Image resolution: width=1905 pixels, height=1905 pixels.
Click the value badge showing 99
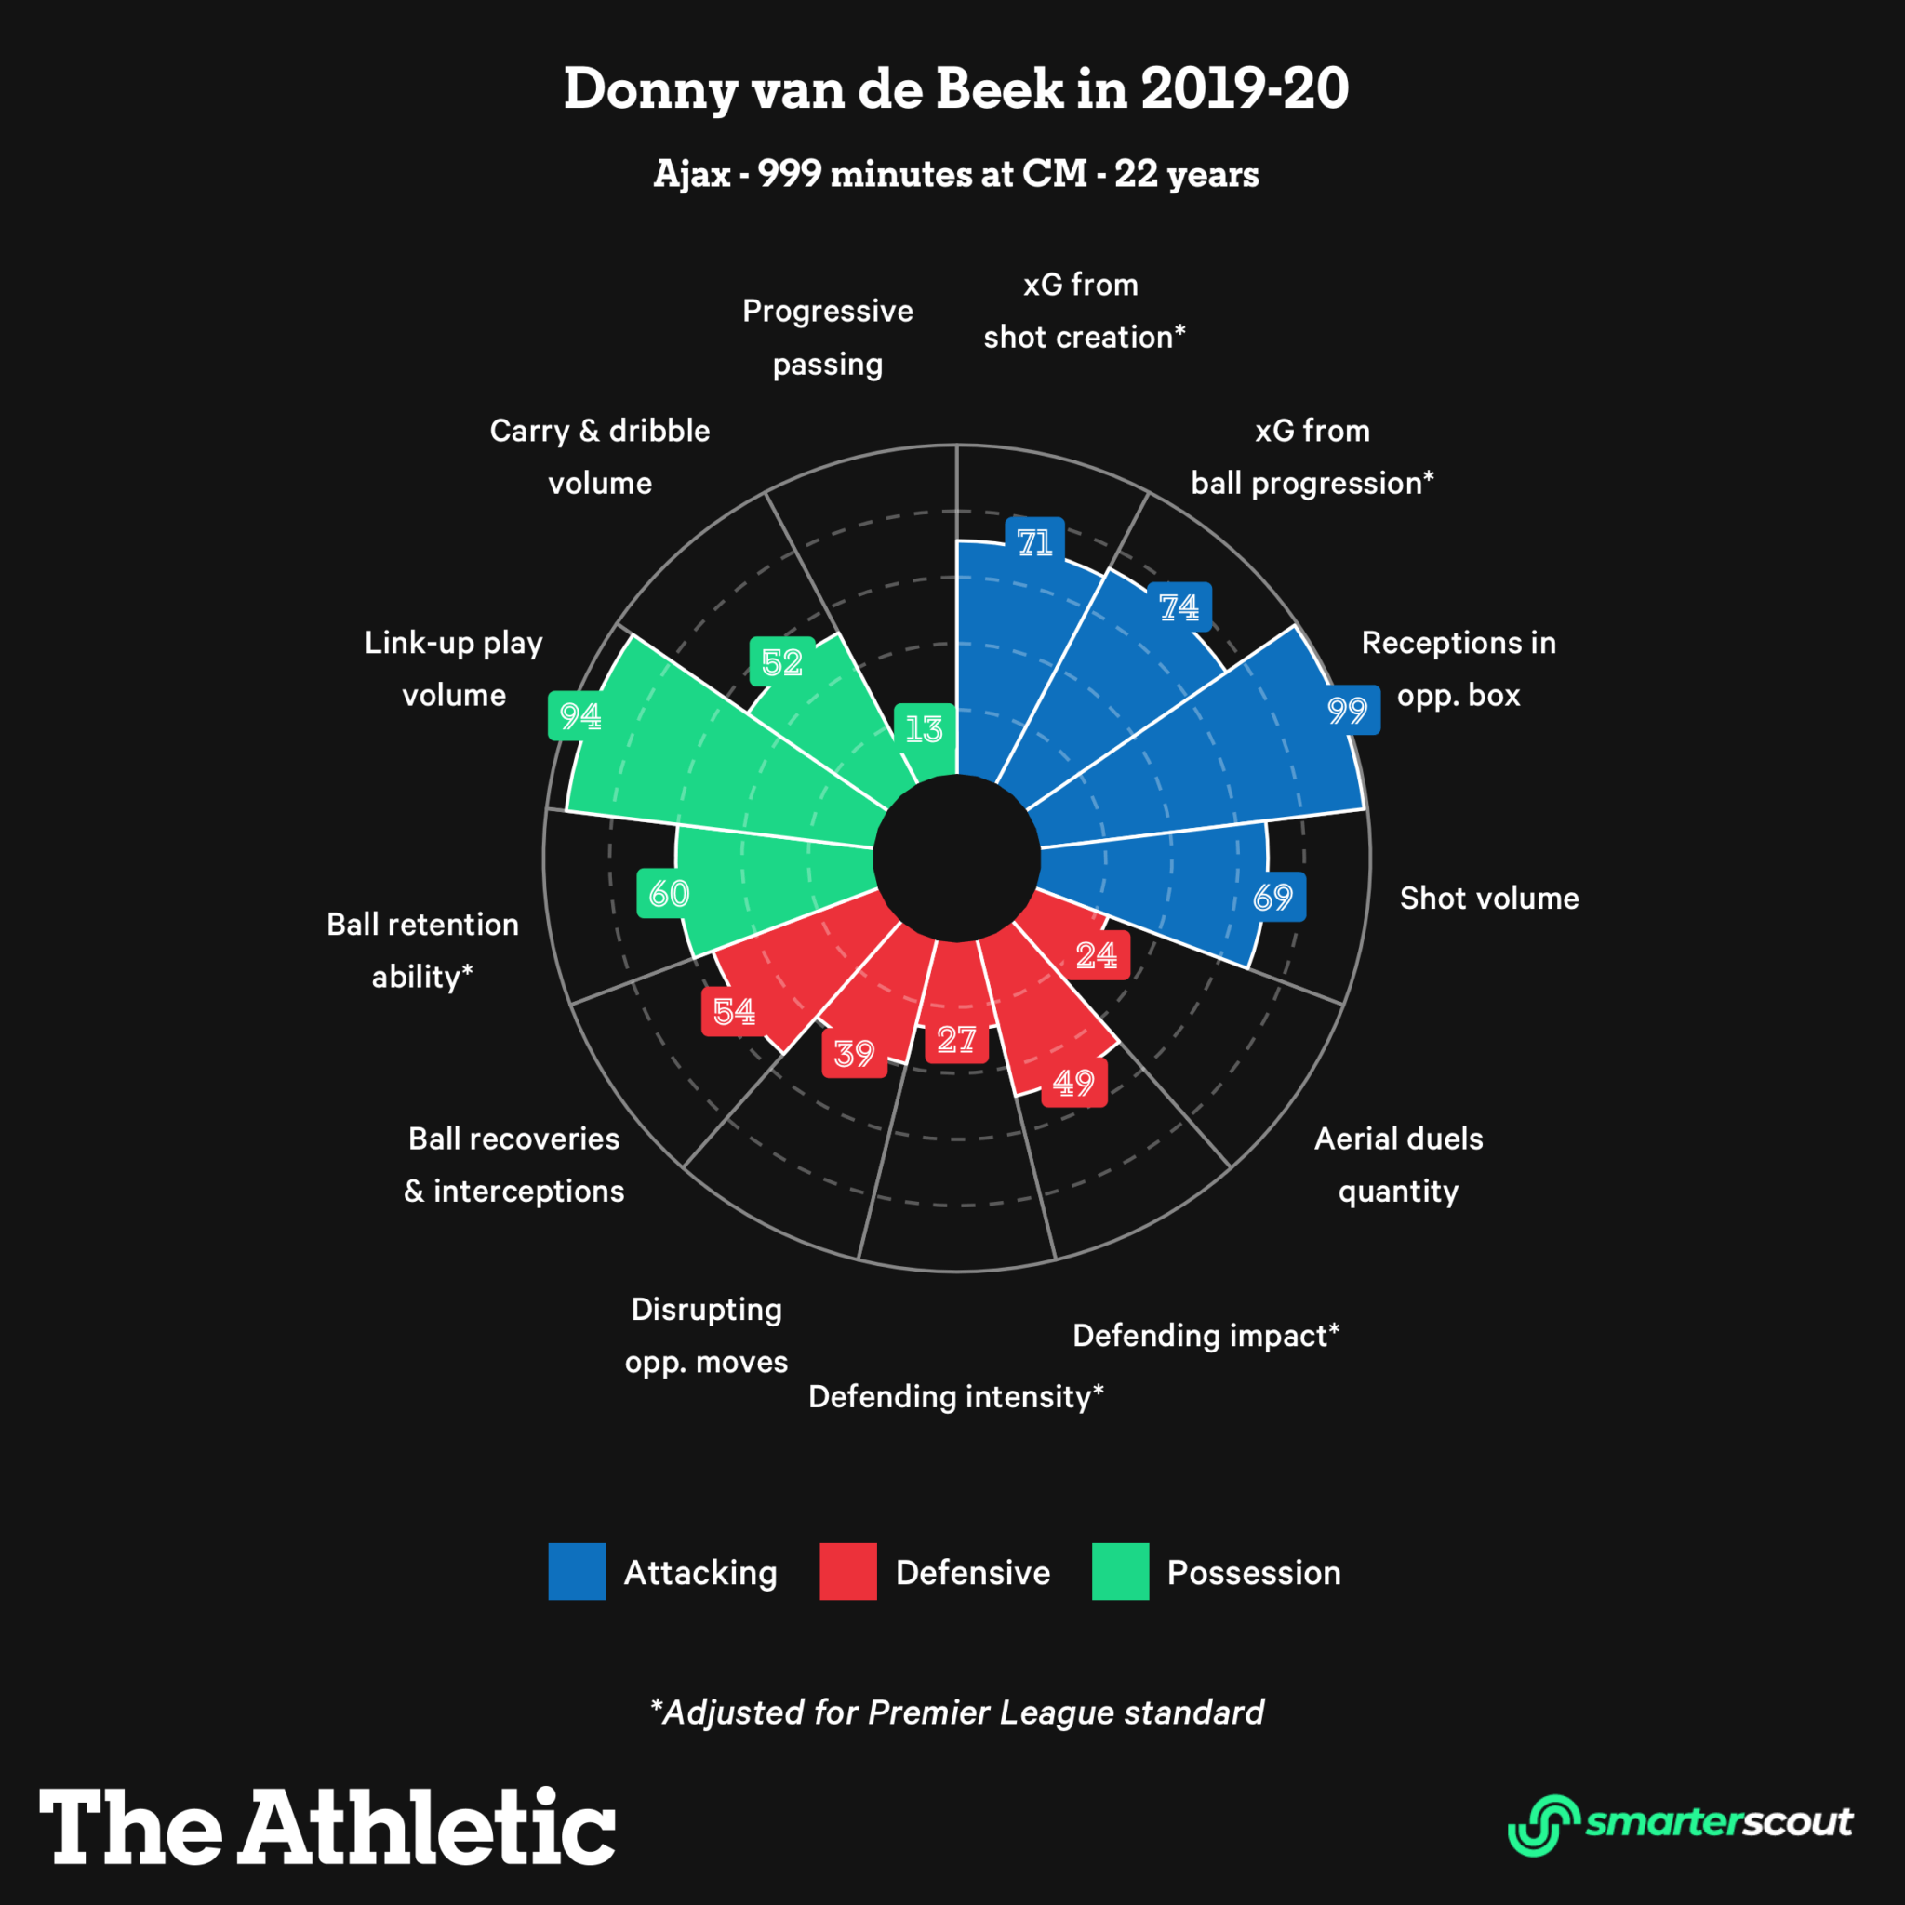[1347, 710]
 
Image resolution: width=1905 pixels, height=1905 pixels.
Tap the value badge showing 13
[924, 728]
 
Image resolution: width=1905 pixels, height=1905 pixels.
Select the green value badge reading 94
[579, 715]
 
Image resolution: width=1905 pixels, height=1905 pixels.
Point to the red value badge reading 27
[956, 1039]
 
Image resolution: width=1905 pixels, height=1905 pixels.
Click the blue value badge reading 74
[1179, 606]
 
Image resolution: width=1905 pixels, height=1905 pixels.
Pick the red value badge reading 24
[1097, 954]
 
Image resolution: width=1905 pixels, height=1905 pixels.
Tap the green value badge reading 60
[669, 893]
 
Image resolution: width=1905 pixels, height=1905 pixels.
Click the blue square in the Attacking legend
[577, 1572]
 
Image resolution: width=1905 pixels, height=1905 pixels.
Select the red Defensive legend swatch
[848, 1572]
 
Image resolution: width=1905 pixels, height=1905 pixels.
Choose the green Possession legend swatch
[1120, 1572]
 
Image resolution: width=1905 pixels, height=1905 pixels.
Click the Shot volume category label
[1489, 899]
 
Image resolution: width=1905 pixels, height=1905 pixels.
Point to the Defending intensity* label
[955, 1396]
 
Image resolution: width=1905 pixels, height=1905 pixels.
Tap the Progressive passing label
[827, 338]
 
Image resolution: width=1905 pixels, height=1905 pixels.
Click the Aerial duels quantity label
[1398, 1165]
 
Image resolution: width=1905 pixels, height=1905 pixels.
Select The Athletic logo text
[327, 1826]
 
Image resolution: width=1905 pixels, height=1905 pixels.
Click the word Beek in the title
[999, 88]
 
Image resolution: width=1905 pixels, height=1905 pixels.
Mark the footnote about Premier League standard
[956, 1712]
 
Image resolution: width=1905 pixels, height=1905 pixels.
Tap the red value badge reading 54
[734, 1012]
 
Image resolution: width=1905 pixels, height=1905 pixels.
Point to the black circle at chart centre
[956, 858]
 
